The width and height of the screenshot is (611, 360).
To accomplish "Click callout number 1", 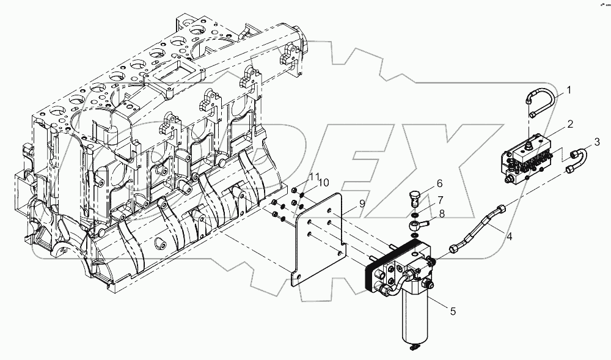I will pyautogui.click(x=568, y=90).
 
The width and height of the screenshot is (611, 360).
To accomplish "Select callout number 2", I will pyautogui.click(x=569, y=124).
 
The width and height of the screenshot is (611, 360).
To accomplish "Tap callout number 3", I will pyautogui.click(x=580, y=143).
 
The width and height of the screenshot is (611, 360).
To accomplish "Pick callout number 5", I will pyautogui.click(x=453, y=311).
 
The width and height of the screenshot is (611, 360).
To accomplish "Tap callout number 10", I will pyautogui.click(x=323, y=183).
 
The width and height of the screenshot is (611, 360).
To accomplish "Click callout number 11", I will pyautogui.click(x=313, y=176).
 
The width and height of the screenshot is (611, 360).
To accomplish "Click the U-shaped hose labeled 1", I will pyautogui.click(x=543, y=101).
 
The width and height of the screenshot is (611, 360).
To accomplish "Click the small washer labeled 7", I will pyautogui.click(x=417, y=213).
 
